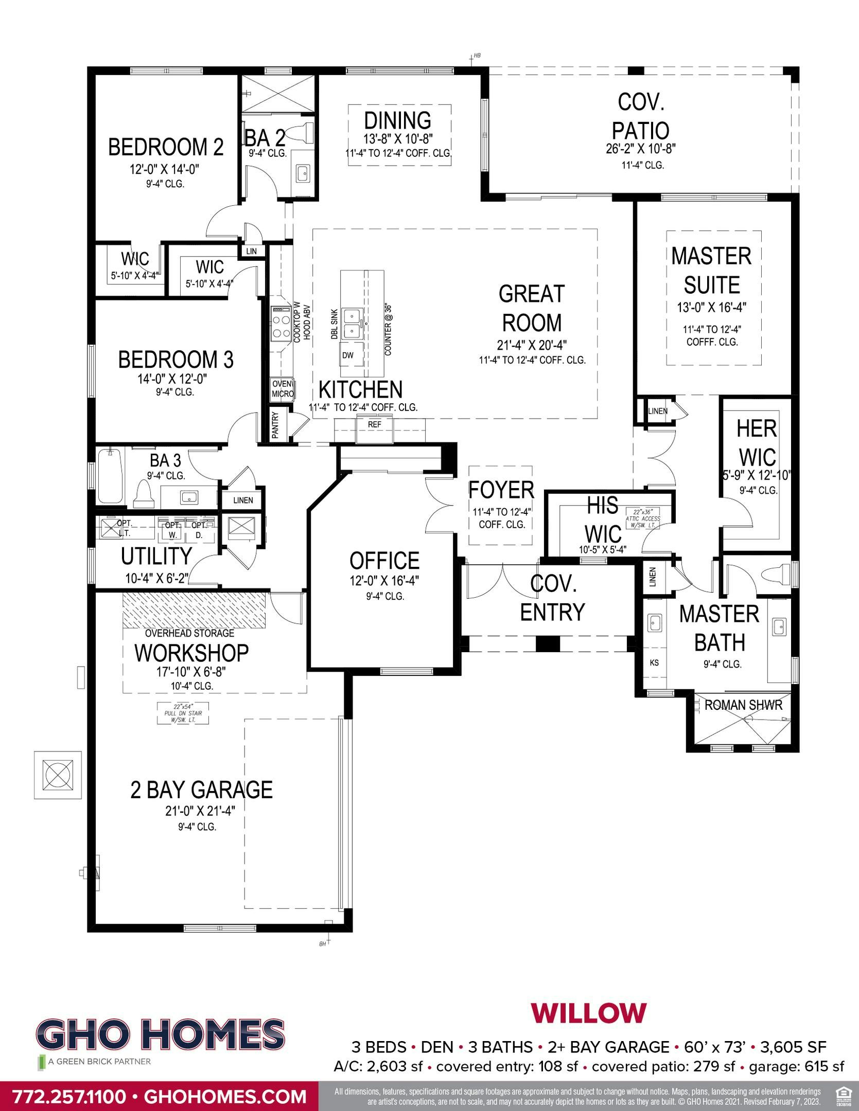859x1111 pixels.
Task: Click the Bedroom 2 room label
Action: coord(166,147)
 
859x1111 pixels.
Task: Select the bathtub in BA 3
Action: coord(110,476)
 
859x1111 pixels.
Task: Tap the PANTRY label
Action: coord(275,425)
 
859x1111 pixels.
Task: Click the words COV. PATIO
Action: coord(641,116)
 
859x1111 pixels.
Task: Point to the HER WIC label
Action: coord(757,443)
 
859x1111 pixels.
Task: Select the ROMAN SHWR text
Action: coord(743,705)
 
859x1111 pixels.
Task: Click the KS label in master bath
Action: coord(654,663)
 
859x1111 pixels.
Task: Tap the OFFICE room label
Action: coord(384,561)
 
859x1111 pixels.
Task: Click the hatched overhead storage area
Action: coord(194,610)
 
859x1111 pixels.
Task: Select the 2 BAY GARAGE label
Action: coord(201,790)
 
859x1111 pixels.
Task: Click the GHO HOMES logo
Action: coord(160,1035)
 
